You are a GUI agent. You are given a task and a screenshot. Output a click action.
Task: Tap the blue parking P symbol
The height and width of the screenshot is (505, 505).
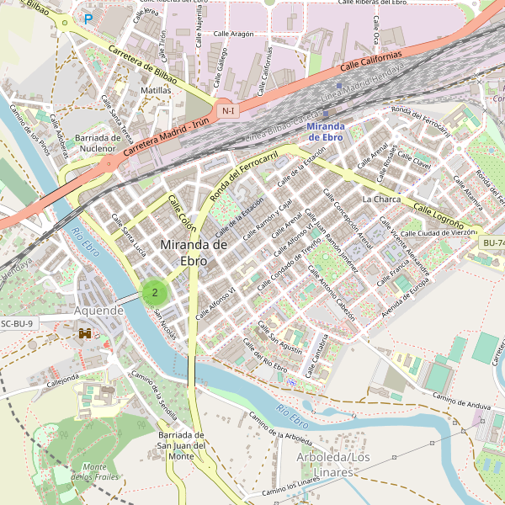88,18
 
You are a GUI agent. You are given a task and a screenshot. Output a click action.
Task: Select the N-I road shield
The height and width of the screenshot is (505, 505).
226,110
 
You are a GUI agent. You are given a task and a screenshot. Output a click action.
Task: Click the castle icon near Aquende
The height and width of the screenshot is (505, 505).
86,333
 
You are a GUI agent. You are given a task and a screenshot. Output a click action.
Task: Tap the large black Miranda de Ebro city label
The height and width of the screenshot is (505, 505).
194,252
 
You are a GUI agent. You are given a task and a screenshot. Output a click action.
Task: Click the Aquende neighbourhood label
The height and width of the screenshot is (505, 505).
99,311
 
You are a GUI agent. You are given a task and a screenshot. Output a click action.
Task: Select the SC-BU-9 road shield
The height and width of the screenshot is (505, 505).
18,323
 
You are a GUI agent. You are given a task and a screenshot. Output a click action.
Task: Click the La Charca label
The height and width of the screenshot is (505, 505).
381,199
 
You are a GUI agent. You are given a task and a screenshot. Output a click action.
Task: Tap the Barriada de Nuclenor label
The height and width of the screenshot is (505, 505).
98,143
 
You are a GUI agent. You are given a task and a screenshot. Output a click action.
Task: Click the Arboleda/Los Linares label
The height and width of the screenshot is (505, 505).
333,464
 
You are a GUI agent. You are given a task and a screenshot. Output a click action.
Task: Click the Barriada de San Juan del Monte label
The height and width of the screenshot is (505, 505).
182,445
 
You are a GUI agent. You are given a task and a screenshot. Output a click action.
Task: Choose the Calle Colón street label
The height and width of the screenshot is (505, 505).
182,214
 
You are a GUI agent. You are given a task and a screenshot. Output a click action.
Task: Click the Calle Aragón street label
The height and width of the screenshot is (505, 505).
233,34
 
